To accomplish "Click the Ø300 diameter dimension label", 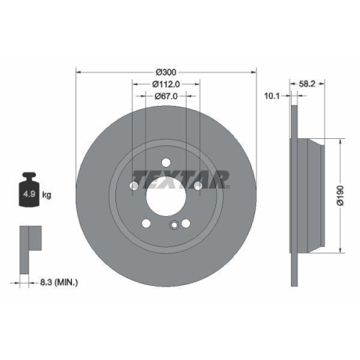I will (166, 72).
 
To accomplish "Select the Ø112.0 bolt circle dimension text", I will (166, 84).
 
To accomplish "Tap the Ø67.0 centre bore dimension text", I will (166, 97).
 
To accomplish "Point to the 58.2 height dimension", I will (307, 84).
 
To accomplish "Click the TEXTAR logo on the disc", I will (180, 177).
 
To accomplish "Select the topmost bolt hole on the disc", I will (166, 162).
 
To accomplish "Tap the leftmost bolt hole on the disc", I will (134, 187).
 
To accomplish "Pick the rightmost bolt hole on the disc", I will (198, 187).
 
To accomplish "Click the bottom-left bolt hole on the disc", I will (147, 222).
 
